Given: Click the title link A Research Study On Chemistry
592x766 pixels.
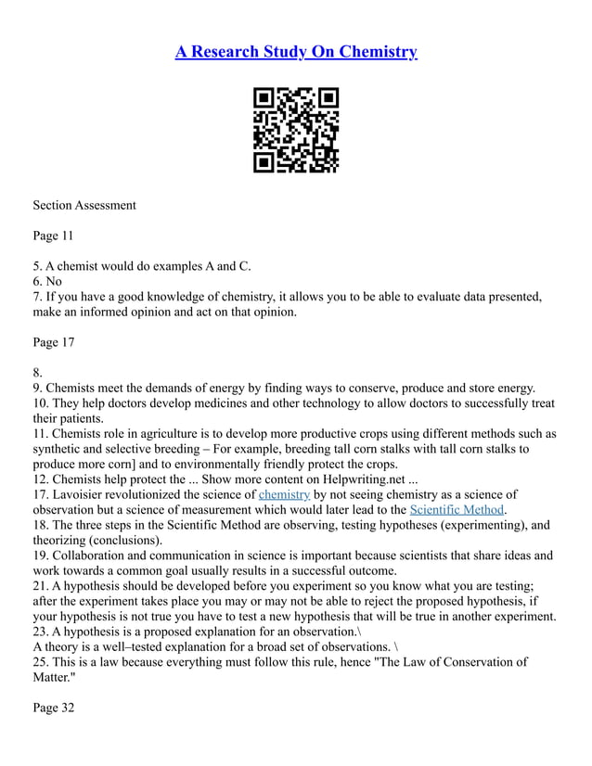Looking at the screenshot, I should pos(296,51).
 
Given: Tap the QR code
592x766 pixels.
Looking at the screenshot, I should pos(296,131).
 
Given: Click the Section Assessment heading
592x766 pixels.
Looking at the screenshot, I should pos(84,205).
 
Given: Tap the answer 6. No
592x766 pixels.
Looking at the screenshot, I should pos(47,281).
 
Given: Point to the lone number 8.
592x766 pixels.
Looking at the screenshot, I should pos(37,373).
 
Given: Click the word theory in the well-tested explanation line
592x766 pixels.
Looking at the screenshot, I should pos(63,646).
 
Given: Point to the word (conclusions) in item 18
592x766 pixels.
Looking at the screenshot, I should pos(124,540).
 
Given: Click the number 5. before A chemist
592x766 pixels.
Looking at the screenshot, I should pos(37,266).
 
